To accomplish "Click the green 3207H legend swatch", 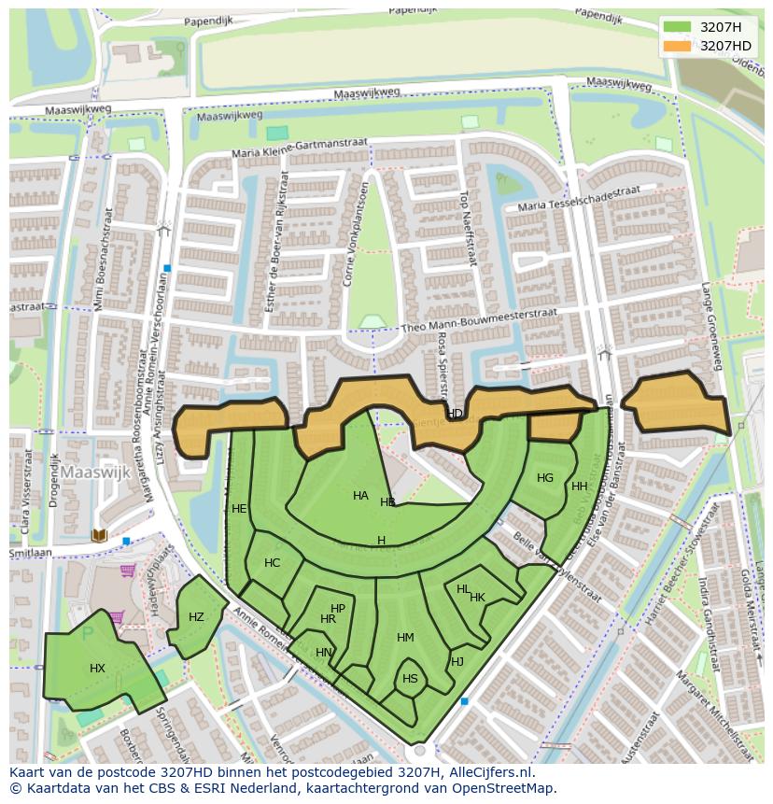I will click(677, 27).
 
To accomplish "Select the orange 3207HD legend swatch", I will click(677, 46).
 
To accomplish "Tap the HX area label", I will click(97, 669).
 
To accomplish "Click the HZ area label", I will click(196, 617).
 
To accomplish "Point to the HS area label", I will click(410, 679).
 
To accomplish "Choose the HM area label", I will click(405, 638).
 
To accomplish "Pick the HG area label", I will click(545, 478).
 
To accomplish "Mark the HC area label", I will click(272, 563).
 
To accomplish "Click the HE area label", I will click(239, 509).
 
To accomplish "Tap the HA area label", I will click(360, 496).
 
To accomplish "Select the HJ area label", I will click(457, 662).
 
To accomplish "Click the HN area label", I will click(323, 653).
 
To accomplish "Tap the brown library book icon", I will click(100, 535).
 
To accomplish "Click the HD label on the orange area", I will click(455, 414).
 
